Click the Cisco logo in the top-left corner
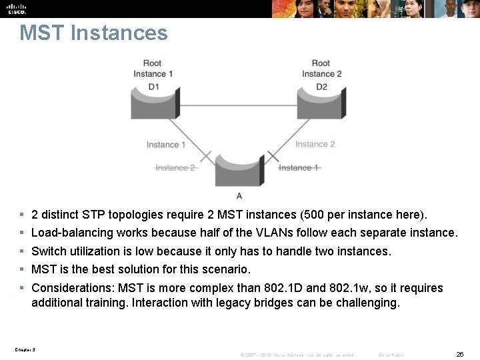click(17, 9)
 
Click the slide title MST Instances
click(93, 33)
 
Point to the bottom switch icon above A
click(239, 171)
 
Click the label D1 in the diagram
click(154, 86)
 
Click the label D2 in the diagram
click(321, 86)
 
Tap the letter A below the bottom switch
click(239, 195)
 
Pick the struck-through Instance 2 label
click(175, 168)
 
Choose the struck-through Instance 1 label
click(299, 168)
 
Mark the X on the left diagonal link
click(205, 157)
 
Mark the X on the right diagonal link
click(272, 157)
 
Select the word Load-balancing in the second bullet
click(72, 233)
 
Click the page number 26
click(459, 355)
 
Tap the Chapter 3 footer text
click(25, 349)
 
